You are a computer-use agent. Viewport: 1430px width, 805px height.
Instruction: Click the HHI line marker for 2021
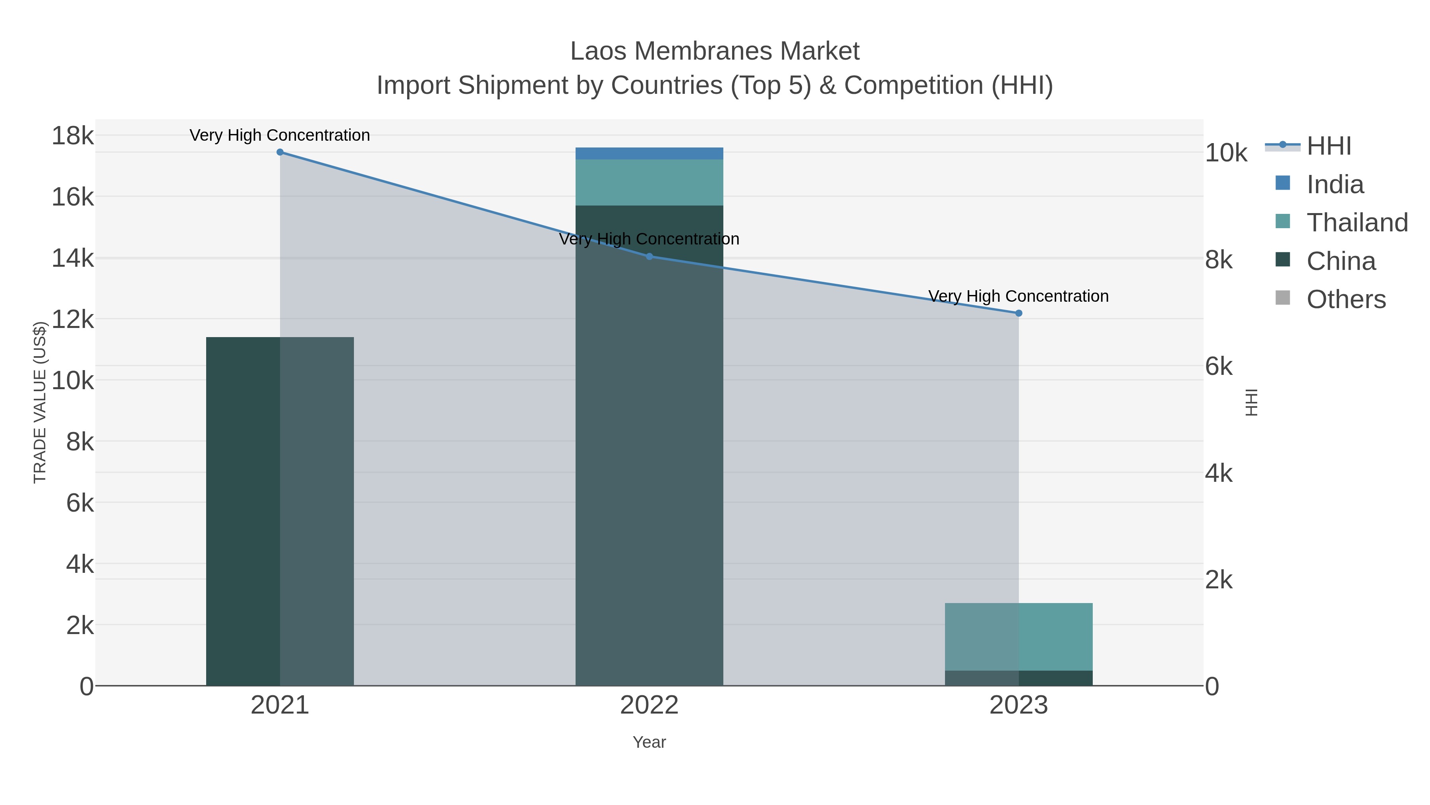[280, 152]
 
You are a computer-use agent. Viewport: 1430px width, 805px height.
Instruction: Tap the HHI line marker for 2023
[1018, 313]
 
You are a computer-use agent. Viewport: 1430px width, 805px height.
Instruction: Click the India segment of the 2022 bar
[649, 153]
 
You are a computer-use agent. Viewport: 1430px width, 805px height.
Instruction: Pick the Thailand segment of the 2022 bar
[649, 182]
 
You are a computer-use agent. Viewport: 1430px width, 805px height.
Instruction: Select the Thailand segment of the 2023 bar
[1018, 637]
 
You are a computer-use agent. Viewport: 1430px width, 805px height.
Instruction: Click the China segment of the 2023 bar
[1018, 678]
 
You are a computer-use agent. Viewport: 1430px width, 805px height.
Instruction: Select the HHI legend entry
[1328, 146]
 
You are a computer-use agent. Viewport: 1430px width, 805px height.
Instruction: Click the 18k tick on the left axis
[73, 136]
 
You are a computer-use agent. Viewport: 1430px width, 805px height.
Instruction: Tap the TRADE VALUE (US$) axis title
[40, 402]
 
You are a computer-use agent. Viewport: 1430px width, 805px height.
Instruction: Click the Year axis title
[649, 742]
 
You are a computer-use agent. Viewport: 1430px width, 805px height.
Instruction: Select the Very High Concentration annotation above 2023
[1018, 296]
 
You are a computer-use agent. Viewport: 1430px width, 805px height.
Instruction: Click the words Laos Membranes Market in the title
[715, 51]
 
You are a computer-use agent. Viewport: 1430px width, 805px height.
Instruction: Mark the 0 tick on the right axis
[1212, 687]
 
